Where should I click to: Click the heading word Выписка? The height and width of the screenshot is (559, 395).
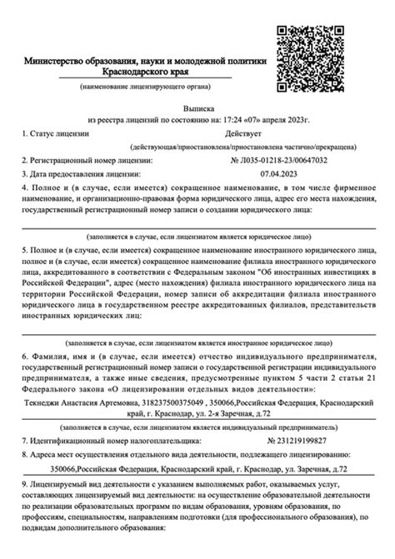click(x=200, y=108)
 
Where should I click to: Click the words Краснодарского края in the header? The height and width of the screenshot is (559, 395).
click(x=146, y=72)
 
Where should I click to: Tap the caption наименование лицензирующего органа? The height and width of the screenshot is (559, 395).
click(x=146, y=87)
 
